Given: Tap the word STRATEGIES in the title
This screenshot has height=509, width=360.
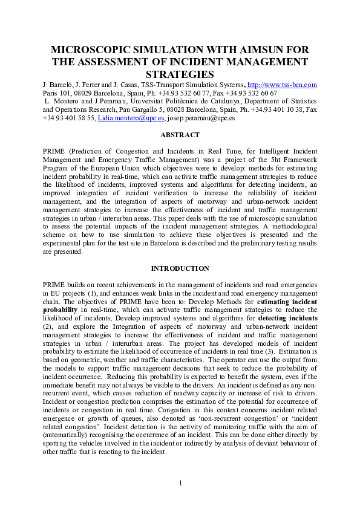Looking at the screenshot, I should pyautogui.click(x=180, y=74).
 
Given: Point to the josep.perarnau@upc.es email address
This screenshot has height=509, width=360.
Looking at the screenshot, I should pyautogui.click(x=201, y=119).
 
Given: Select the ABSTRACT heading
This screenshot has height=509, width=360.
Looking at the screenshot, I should pyautogui.click(x=180, y=137).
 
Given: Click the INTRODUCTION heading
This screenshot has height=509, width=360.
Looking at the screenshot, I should pyautogui.click(x=180, y=268).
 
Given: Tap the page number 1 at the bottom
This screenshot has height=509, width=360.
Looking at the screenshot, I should pyautogui.click(x=180, y=482).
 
